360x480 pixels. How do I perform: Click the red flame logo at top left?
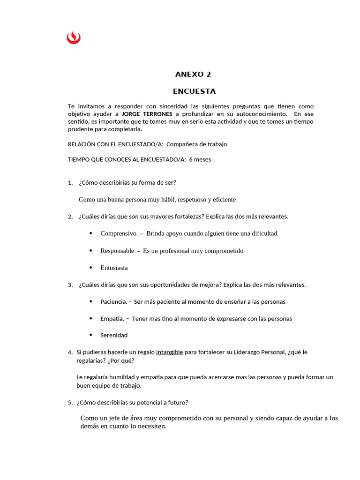pos(74,37)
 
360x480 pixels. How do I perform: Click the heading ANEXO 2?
pos(193,74)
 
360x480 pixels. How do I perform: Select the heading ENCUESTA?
pos(194,91)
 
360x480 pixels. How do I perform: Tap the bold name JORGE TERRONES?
pos(147,114)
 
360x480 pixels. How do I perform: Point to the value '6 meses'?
pos(200,159)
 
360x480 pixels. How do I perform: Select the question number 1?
pos(70,182)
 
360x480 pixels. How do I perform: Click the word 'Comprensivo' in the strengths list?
pos(119,233)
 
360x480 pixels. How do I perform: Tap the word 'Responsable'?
pos(117,251)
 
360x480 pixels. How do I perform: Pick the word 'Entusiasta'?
pos(114,268)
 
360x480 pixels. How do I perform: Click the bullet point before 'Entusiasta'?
pos(90,268)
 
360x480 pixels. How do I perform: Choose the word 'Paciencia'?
pos(113,302)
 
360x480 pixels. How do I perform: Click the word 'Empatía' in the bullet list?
pos(112,319)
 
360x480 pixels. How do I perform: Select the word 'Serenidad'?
pos(114,335)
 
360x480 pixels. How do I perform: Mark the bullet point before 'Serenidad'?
pos(90,335)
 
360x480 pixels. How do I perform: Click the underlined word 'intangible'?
pos(169,352)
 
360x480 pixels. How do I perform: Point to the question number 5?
pos(70,402)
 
